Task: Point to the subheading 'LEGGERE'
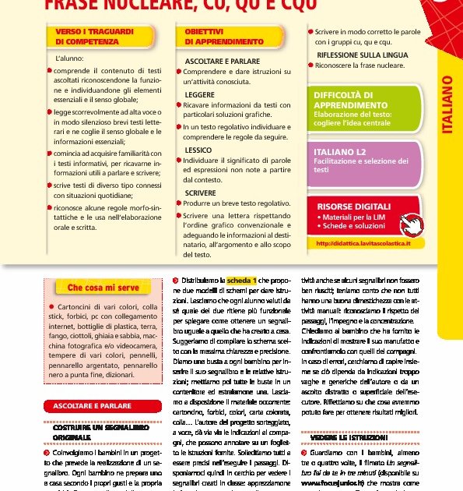[200, 94]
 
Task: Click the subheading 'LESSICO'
[198, 150]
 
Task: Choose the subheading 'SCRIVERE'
[201, 192]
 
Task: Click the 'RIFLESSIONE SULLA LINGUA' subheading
[362, 55]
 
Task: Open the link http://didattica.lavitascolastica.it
[363, 244]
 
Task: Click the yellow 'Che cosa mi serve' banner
[103, 288]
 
